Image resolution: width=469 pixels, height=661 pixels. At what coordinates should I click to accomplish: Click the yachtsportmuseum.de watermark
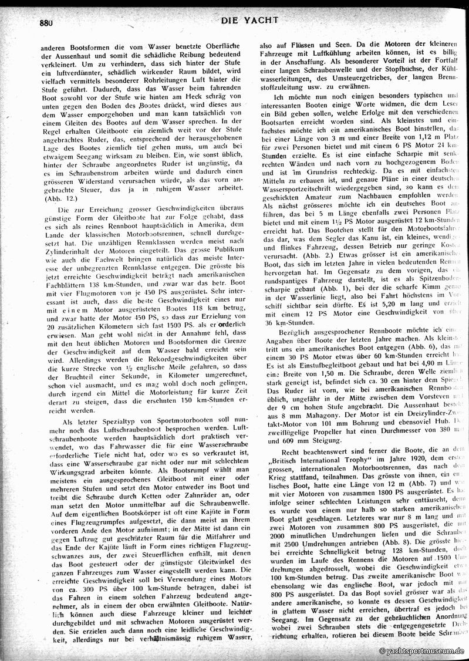point(422,651)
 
